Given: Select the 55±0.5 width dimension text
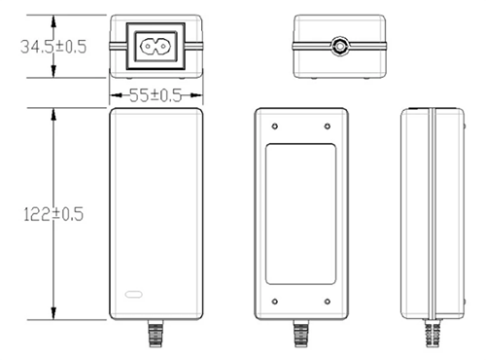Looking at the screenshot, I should point(156,95).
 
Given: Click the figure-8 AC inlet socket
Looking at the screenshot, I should point(156,46).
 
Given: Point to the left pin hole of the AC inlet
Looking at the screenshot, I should point(149,46).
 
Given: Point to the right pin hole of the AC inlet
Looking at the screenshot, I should point(162,46).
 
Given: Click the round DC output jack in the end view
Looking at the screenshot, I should point(340,46).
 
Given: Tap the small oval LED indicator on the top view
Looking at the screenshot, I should point(133,292).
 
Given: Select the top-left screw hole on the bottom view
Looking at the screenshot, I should point(275,126).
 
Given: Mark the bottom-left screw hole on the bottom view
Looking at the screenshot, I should point(275,300).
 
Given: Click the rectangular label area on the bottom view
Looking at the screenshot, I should point(300,213).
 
